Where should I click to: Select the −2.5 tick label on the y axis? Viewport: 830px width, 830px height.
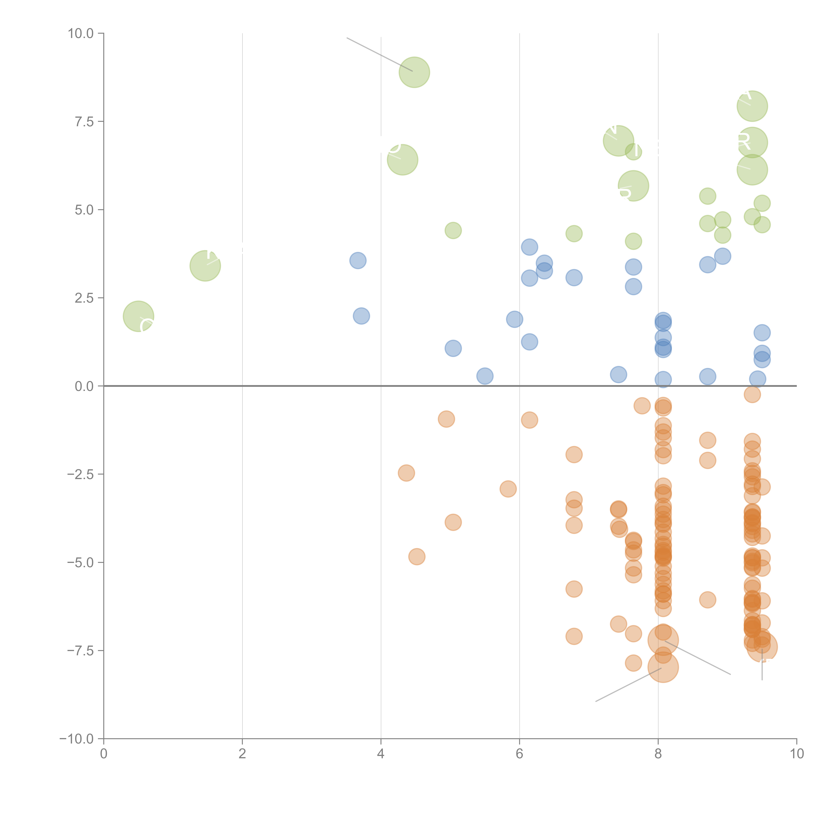coord(80,474)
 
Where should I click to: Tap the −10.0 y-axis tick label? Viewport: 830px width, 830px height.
coord(77,739)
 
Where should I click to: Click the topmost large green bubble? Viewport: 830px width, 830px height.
coord(414,72)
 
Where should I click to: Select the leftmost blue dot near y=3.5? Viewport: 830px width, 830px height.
coord(358,260)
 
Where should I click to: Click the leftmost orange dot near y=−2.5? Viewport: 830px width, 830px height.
coord(406,473)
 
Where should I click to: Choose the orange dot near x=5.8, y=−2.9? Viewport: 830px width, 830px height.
coord(508,489)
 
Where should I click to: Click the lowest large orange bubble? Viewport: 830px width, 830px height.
coord(663,667)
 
